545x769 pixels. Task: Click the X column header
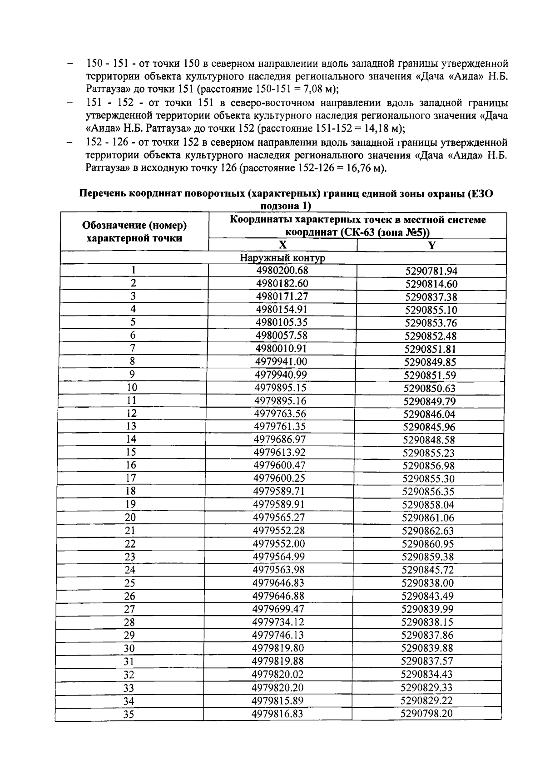[282, 245]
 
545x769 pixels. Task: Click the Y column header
[432, 246]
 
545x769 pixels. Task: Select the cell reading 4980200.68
[282, 271]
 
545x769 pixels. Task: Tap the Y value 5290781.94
[431, 271]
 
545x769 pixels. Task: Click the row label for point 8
[133, 361]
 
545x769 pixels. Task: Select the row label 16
[131, 465]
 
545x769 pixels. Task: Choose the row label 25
[130, 583]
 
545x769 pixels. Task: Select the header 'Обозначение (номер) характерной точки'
[134, 232]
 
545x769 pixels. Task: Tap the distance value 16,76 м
[358, 168]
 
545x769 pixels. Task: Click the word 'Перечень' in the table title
[103, 194]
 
